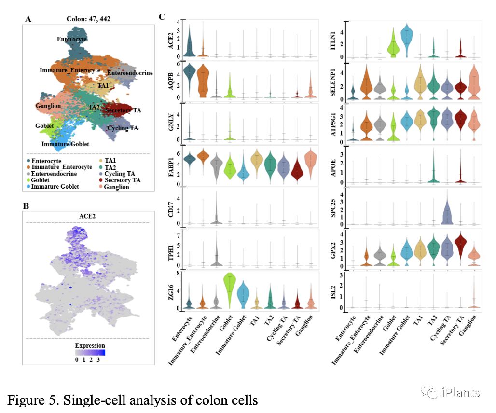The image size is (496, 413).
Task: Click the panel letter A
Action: point(28,19)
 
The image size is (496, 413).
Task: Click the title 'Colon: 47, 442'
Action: point(88,20)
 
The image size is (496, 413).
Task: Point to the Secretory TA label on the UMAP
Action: point(124,110)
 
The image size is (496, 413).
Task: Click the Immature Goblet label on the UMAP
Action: point(65,144)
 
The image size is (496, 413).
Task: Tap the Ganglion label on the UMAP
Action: point(48,106)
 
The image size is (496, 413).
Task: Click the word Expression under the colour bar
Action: point(90,346)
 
